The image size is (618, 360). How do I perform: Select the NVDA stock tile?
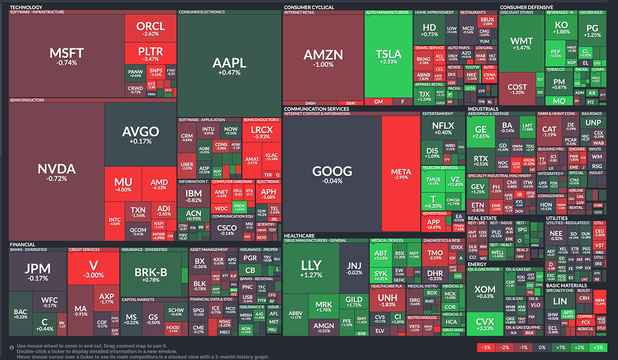[56, 172]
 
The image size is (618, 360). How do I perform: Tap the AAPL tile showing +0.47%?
[229, 65]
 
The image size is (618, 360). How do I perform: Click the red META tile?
[401, 174]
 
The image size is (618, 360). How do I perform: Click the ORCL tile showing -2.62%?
[151, 29]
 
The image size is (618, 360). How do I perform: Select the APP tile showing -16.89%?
[434, 224]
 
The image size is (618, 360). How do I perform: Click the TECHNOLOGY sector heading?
[26, 7]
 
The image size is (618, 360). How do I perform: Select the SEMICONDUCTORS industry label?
[27, 100]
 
